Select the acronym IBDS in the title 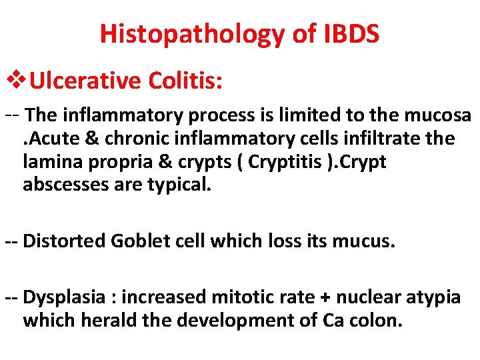348,33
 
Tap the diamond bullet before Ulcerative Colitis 16,81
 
